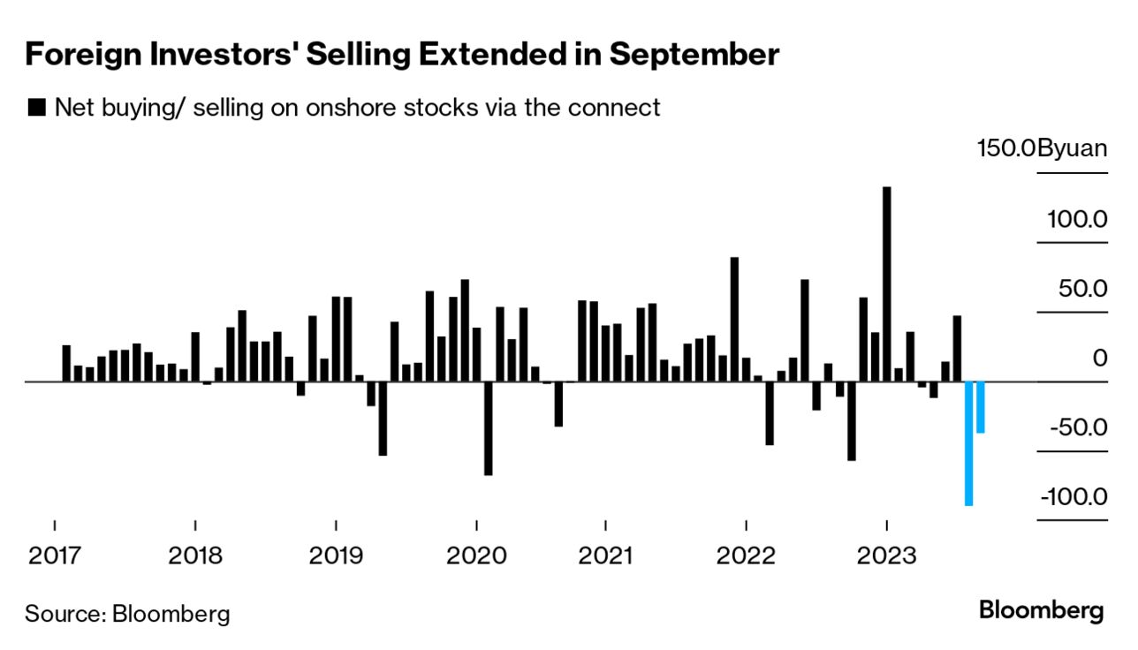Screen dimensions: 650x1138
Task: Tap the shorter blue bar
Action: tap(981, 407)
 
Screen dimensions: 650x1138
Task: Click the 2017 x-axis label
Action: tap(55, 556)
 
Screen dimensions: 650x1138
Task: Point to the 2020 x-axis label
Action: tap(476, 556)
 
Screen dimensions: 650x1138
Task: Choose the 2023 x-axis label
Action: tap(886, 556)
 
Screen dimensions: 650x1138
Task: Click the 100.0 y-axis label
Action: tap(1077, 218)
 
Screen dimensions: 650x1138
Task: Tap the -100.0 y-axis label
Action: tap(1073, 497)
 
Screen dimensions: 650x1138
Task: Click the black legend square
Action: tap(37, 108)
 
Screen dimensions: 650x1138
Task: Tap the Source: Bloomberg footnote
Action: tap(127, 614)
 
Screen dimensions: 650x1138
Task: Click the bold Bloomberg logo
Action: tap(1042, 611)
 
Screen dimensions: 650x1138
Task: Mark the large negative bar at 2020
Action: tap(488, 428)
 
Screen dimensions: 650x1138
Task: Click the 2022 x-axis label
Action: tap(746, 556)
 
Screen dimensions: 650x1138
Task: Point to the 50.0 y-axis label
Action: tap(1081, 288)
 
